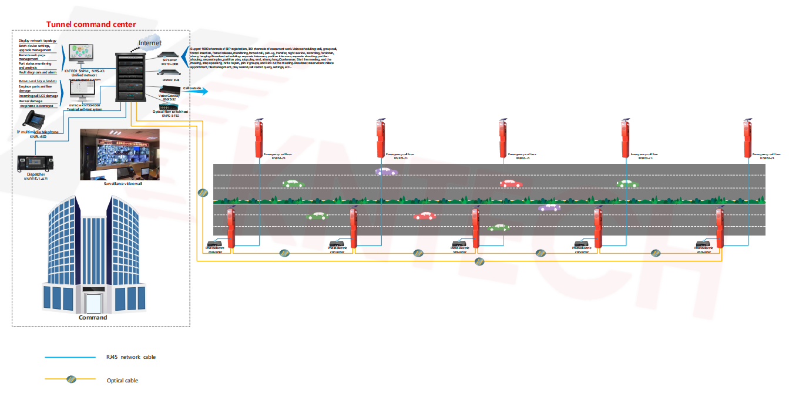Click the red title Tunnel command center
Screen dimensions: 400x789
(91, 24)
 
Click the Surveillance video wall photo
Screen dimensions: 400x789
(119, 154)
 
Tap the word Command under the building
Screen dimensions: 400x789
(93, 318)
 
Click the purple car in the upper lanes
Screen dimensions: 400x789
(386, 172)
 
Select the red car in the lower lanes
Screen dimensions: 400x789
(424, 216)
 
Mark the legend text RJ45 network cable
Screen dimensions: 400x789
(130, 357)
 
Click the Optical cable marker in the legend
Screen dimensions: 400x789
(71, 379)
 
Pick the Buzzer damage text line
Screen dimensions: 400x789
(32, 101)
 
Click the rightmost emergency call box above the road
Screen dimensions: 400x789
(748, 138)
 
